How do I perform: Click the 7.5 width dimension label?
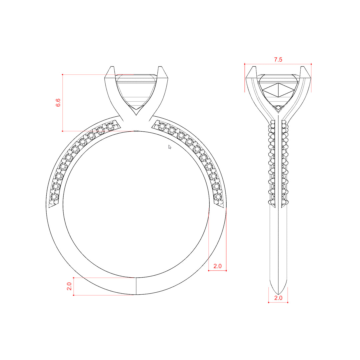pos(278,60)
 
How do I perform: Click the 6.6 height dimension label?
pos(58,102)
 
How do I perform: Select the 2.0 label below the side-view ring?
pos(278,298)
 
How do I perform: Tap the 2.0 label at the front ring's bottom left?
pos(69,286)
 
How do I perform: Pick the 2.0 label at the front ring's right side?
pos(217,266)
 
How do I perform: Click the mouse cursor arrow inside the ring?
pos(170,147)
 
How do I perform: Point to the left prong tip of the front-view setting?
pos(112,67)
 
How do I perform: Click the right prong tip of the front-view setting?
pos(160,67)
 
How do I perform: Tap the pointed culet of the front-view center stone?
pos(136,115)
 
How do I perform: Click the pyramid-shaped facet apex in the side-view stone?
pos(278,83)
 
